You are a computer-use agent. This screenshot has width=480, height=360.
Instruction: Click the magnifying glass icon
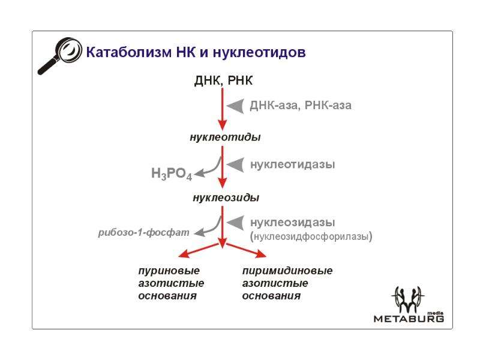click(x=59, y=55)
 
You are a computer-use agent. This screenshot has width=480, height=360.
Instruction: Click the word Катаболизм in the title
click(x=129, y=52)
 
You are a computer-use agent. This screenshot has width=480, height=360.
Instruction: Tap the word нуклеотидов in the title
click(x=259, y=52)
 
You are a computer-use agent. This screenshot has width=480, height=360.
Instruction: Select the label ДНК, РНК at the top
click(x=223, y=80)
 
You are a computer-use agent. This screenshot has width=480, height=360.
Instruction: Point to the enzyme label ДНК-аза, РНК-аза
click(x=301, y=106)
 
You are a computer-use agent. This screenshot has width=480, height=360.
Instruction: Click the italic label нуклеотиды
click(x=226, y=137)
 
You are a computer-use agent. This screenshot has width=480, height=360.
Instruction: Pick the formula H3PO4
click(x=172, y=173)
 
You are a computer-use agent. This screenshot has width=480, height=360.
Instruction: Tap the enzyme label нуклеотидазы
click(x=293, y=164)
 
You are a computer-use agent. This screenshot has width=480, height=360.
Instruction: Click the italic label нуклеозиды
click(x=226, y=197)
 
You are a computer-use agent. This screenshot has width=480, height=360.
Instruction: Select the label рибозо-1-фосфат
click(x=143, y=233)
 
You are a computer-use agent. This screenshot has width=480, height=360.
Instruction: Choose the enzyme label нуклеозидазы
click(x=293, y=222)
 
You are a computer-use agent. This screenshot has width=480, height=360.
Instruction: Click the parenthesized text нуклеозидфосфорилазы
click(x=311, y=236)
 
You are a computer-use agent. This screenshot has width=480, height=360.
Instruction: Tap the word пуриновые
click(x=169, y=271)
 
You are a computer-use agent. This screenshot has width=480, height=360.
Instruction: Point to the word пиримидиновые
click(x=287, y=271)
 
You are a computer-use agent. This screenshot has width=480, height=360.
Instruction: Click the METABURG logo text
click(x=409, y=319)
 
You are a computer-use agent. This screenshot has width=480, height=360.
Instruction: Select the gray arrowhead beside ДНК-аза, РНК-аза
click(x=235, y=106)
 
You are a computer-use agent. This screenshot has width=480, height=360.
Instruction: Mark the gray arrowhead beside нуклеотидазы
click(x=235, y=164)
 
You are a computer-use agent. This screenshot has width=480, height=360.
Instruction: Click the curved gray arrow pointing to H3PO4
click(x=208, y=168)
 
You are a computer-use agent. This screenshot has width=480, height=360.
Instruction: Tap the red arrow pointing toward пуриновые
click(x=199, y=250)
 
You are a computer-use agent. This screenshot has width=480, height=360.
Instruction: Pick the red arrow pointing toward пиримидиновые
click(x=246, y=250)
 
